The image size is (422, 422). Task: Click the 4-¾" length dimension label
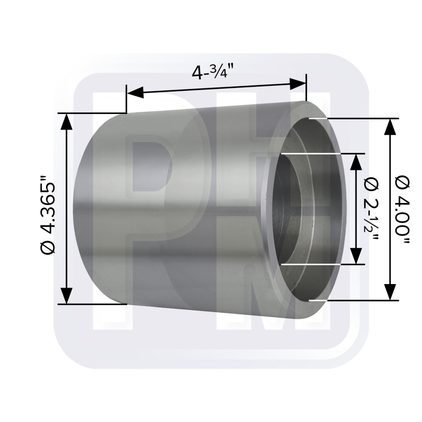click(212, 71)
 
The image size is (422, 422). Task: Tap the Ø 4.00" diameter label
click(402, 209)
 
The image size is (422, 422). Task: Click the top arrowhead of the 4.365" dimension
click(66, 122)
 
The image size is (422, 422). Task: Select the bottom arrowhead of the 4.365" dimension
click(66, 295)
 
